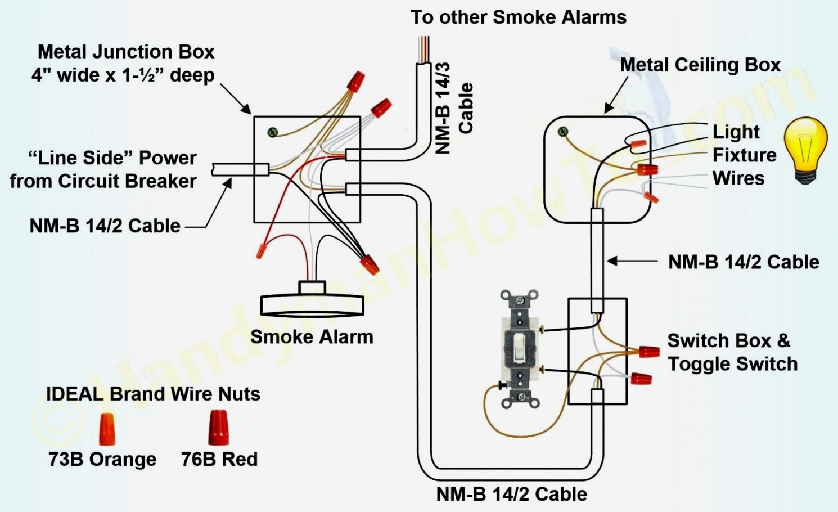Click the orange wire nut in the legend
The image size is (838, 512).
(x=106, y=428)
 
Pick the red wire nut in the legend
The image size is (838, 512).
(x=218, y=427)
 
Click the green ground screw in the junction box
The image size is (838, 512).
(x=273, y=132)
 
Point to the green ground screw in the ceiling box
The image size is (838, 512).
(x=562, y=132)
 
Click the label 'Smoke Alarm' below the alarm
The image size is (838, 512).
(x=312, y=337)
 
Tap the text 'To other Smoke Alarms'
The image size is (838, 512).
(x=518, y=17)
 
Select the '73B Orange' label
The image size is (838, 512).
(x=102, y=459)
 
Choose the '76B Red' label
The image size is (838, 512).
(x=219, y=459)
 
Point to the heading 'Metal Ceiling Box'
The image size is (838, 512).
(x=700, y=65)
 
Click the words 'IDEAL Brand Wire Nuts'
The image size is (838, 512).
(x=153, y=394)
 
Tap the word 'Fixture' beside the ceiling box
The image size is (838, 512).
(x=744, y=155)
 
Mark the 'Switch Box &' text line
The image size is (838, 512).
(x=728, y=340)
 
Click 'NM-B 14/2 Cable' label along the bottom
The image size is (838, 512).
(x=511, y=494)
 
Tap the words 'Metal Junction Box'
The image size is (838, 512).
(x=126, y=52)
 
